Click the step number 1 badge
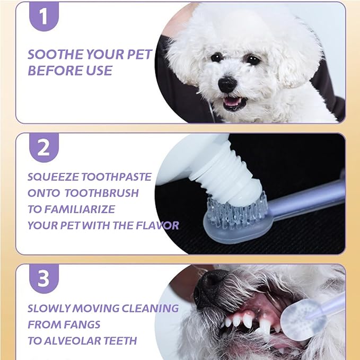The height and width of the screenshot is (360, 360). coord(44,16)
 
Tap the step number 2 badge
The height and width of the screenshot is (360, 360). coord(44,147)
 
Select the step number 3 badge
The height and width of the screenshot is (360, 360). coord(44,278)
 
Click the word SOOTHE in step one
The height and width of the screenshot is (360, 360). coord(55,55)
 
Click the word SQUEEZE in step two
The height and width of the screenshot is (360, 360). coord(53,177)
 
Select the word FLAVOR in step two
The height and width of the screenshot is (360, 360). coord(157,225)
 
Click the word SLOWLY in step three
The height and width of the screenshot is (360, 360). coord(49,309)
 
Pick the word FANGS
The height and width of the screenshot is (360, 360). coord(82,324)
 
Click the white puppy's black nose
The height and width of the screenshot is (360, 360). coord(227,85)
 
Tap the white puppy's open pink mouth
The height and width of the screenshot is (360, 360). coord(233,103)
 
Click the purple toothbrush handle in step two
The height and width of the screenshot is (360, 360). coord(308,200)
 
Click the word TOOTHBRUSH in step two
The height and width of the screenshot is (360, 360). coord(101,194)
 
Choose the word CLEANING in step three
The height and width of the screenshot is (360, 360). coord(150,309)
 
